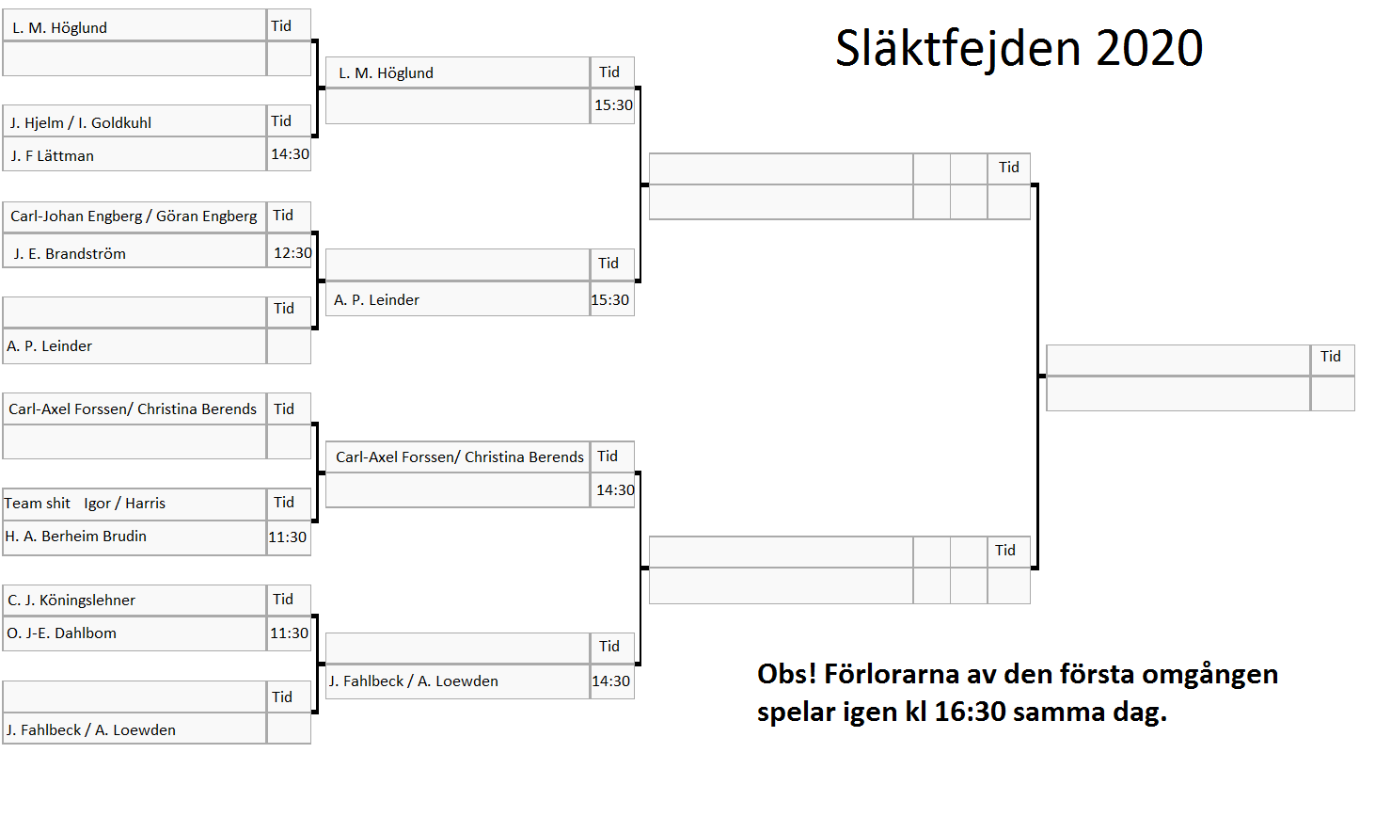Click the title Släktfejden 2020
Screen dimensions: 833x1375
1019,48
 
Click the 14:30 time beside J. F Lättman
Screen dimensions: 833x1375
290,154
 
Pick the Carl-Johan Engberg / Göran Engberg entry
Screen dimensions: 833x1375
134,216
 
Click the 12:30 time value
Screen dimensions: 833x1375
292,252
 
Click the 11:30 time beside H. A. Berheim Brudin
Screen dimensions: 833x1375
288,537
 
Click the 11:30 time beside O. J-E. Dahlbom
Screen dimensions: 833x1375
289,633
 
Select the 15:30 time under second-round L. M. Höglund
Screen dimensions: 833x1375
613,105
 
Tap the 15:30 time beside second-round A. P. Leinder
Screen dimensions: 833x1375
610,299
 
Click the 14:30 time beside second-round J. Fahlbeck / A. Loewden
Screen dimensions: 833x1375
611,681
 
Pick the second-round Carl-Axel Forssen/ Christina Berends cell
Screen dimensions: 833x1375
460,457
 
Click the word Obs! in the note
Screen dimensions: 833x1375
786,674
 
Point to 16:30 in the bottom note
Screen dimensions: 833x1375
971,712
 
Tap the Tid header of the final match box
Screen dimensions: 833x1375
1331,357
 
